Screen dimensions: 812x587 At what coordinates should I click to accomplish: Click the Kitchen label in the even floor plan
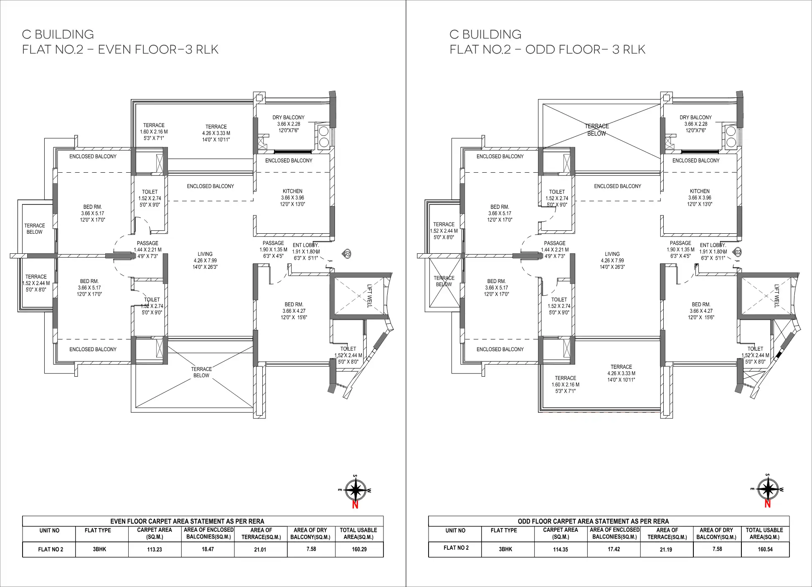[x=292, y=191]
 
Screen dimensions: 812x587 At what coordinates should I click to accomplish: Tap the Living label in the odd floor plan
[x=612, y=254]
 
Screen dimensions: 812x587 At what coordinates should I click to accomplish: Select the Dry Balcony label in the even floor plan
[x=288, y=117]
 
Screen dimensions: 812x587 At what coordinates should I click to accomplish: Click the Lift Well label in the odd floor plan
[x=776, y=296]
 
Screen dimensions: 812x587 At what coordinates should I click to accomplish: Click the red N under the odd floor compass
[x=767, y=504]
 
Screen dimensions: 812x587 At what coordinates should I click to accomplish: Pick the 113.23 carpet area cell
[x=155, y=549]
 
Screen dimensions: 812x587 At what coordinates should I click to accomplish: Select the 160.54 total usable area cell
[x=765, y=549]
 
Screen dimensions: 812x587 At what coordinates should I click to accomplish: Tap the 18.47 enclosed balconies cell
[x=208, y=549]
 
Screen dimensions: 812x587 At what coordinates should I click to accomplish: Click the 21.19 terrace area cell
[x=666, y=549]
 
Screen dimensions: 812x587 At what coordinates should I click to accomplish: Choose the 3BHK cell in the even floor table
[x=99, y=549]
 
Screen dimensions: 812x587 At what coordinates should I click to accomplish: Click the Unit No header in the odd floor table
[x=455, y=531]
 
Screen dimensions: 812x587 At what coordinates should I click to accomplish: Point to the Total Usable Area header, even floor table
[x=358, y=533]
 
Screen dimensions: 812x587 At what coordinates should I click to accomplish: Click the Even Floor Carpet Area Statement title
[x=187, y=521]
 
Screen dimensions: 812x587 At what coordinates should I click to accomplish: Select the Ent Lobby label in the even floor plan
[x=306, y=245]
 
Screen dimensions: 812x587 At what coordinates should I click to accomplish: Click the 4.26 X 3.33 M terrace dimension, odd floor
[x=621, y=373]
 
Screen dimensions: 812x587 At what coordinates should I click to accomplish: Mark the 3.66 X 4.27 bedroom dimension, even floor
[x=294, y=311]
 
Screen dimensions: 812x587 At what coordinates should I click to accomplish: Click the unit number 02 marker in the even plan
[x=347, y=253]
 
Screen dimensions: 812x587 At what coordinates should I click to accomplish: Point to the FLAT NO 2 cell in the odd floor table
[x=456, y=548]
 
